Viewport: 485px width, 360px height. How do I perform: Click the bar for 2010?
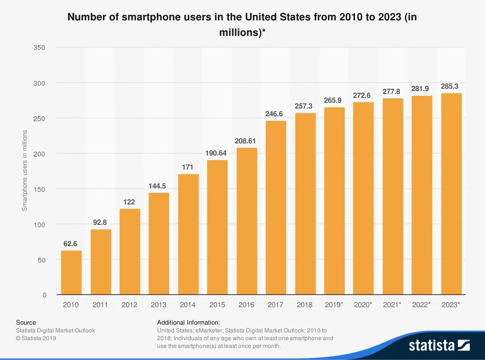click(x=71, y=273)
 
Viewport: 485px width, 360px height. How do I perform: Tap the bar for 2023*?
click(x=452, y=194)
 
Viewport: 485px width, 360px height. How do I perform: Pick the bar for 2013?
click(x=159, y=244)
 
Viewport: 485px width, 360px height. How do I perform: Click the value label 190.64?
click(x=217, y=153)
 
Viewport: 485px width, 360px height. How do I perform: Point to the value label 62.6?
click(x=71, y=244)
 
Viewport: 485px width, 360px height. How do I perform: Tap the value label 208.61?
click(x=246, y=141)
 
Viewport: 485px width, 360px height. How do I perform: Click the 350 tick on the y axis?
click(x=40, y=47)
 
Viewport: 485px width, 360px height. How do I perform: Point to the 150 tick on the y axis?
click(x=40, y=189)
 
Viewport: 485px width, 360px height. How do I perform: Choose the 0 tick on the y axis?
click(x=44, y=295)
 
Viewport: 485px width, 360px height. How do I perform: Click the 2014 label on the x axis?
click(x=188, y=305)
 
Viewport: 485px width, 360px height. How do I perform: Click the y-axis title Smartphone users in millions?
click(x=25, y=171)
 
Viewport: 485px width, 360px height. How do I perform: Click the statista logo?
click(x=439, y=345)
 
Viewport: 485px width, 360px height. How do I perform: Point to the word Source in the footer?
click(x=26, y=322)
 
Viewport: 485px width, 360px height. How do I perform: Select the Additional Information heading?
click(x=189, y=322)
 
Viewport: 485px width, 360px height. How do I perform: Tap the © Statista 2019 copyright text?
click(x=36, y=338)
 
